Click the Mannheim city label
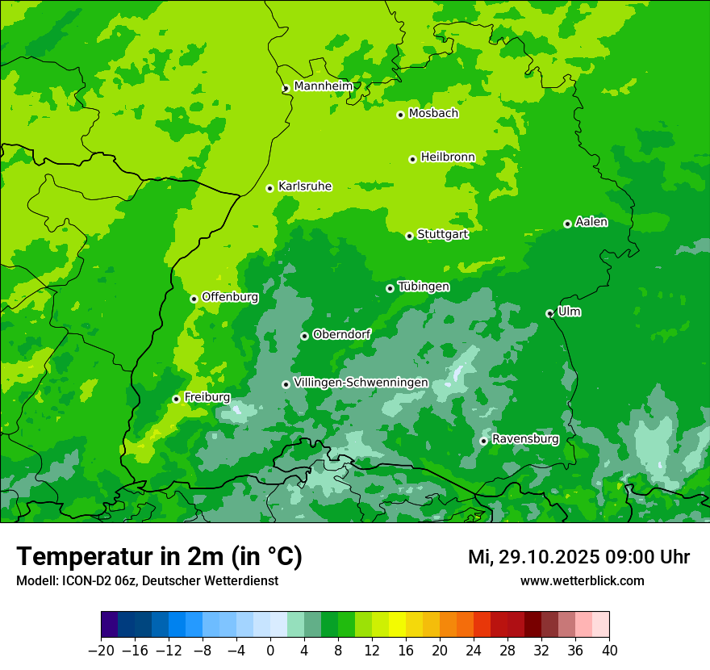click(x=323, y=86)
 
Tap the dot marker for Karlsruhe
click(x=269, y=188)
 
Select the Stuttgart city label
click(x=442, y=234)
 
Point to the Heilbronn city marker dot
click(x=412, y=159)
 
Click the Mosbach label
click(x=433, y=114)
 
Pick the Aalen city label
click(x=591, y=222)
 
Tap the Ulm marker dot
click(x=549, y=313)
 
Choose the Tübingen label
click(x=424, y=287)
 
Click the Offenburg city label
click(x=230, y=297)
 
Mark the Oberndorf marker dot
click(x=304, y=336)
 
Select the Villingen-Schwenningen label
click(x=361, y=383)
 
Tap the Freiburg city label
click(x=207, y=397)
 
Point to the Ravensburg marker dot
click(x=483, y=441)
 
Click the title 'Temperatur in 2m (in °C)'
click(x=159, y=556)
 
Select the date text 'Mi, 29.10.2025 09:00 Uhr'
click(x=578, y=557)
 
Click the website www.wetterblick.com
click(x=582, y=580)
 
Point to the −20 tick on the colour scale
click(x=102, y=651)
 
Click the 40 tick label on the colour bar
click(x=609, y=651)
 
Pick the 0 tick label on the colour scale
click(x=270, y=651)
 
